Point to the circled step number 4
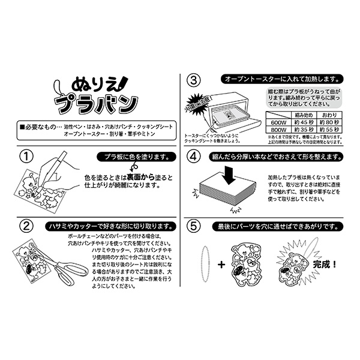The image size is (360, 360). pos(194,157)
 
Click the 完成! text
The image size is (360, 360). pos(325,263)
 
